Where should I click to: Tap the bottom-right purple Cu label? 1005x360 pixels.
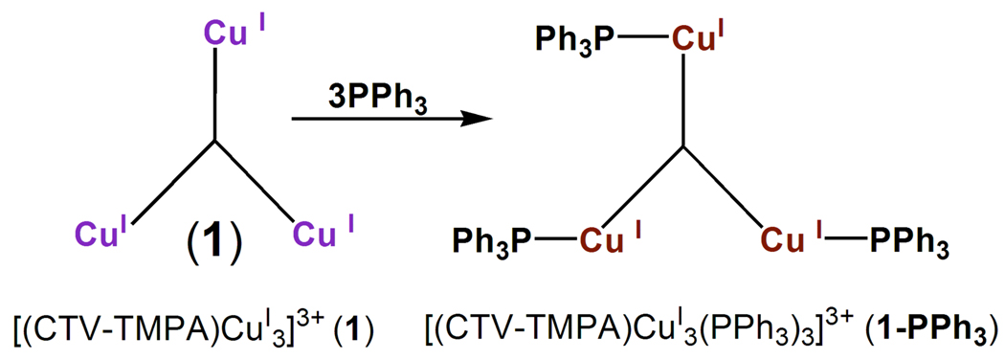(x=314, y=234)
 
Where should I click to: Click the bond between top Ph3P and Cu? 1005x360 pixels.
(x=641, y=39)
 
